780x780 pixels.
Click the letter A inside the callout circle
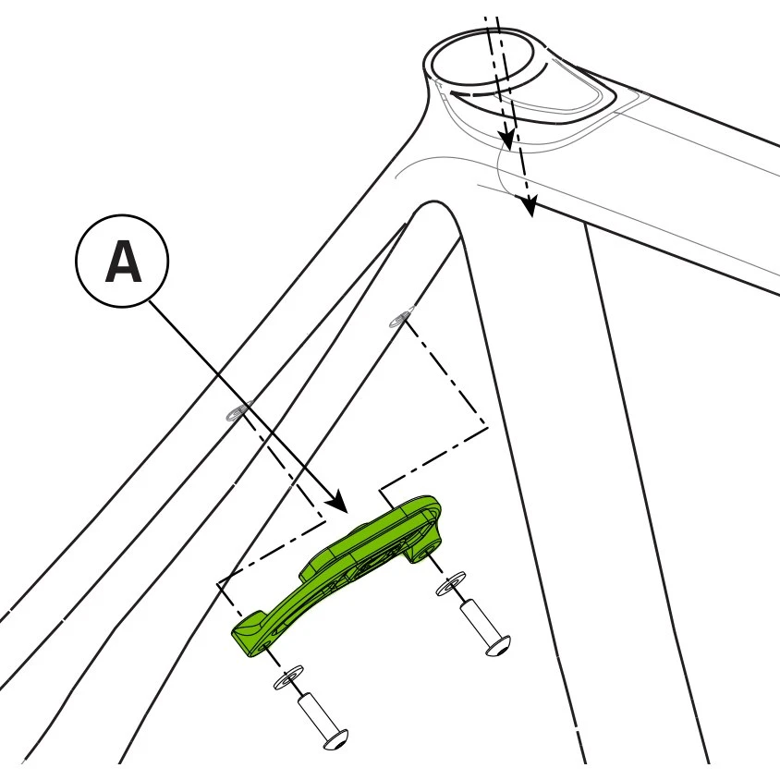point(123,262)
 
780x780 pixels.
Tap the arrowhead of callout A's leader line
point(338,502)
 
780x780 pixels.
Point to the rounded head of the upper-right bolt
point(498,646)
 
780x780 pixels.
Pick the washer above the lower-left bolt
point(289,677)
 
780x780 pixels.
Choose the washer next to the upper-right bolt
point(451,583)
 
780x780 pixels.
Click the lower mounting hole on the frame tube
point(238,411)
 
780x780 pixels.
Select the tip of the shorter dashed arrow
point(507,148)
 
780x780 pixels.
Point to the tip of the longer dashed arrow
point(531,216)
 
